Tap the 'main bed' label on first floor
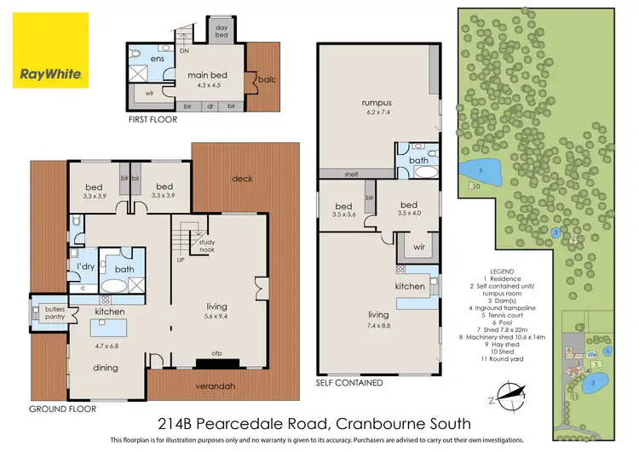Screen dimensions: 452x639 [205, 76]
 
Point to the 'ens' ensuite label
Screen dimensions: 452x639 [156, 59]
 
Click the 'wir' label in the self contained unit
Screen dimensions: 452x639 [417, 248]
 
